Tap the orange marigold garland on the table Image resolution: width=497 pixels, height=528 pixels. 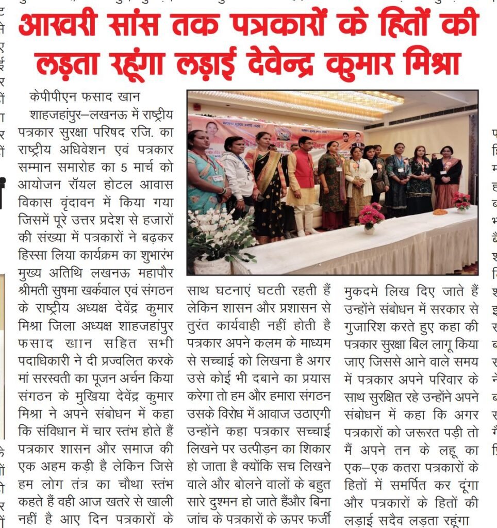click(440, 211)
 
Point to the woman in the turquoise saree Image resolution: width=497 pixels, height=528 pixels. click(204, 170)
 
